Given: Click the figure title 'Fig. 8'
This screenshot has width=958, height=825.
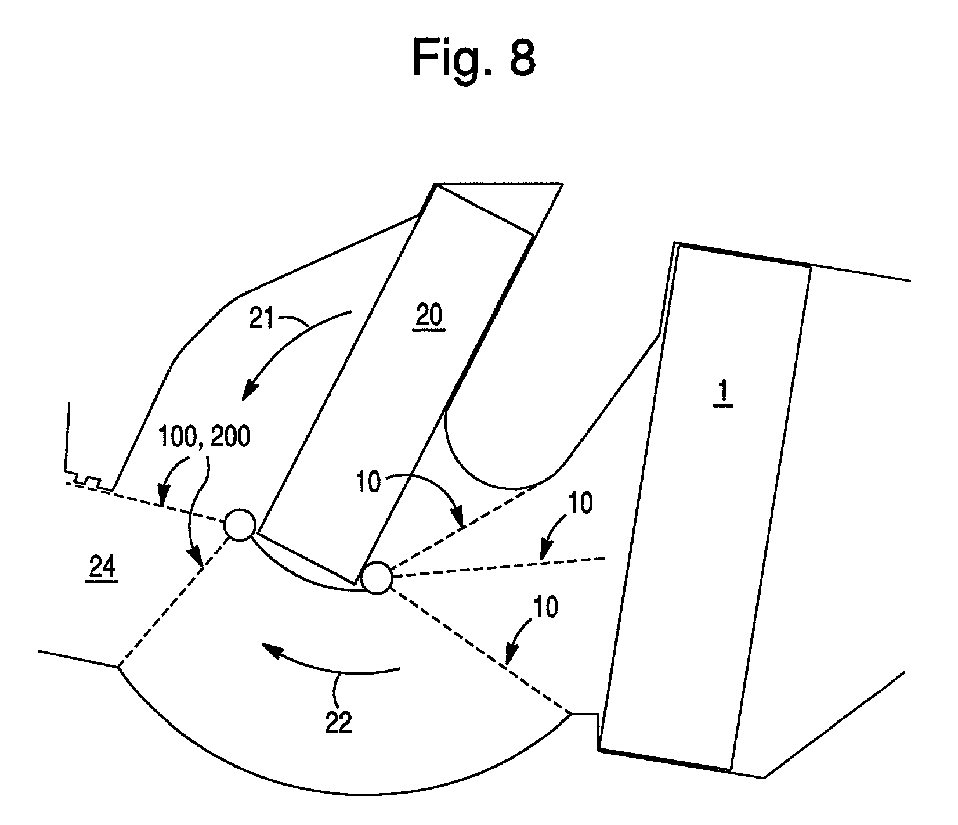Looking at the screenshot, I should click(x=473, y=59).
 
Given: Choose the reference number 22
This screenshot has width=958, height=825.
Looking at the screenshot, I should click(x=338, y=723).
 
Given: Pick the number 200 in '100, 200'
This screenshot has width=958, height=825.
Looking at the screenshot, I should click(x=228, y=437).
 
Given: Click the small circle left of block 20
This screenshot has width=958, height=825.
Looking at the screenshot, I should click(x=239, y=525).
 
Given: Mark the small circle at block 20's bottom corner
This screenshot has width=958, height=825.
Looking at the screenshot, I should click(x=377, y=578).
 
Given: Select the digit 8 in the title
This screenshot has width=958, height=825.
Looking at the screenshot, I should click(x=520, y=59).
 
